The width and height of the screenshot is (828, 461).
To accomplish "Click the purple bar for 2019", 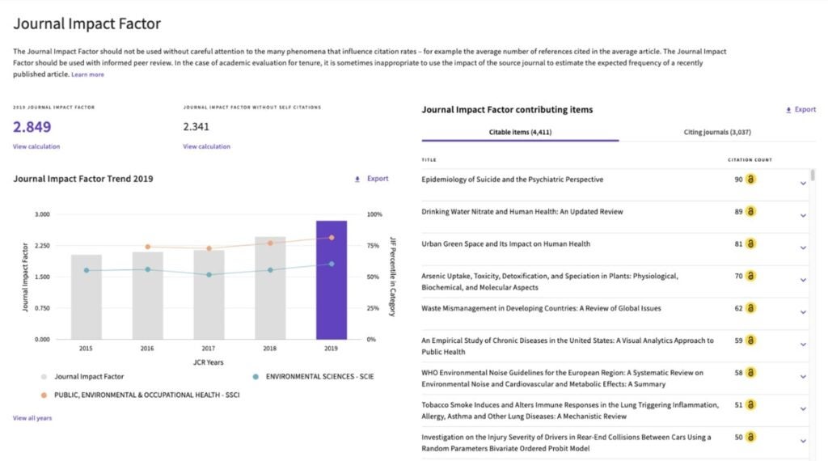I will coord(332,280).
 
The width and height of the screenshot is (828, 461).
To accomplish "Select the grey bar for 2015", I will coord(86,297).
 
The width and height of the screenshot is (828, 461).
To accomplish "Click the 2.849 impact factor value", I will coord(32,126).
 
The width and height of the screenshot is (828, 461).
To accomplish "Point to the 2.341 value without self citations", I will coord(196,126).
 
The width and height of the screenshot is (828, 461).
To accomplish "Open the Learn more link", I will coord(87,74).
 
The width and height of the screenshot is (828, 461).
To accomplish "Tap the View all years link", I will coord(32,418).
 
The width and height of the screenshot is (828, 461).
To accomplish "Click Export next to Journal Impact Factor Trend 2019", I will coord(372,179).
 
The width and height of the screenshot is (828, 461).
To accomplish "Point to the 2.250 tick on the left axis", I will coord(40,246).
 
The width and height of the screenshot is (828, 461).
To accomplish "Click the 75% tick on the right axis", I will coord(374,246).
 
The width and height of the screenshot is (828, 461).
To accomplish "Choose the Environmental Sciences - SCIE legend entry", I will coord(319,376).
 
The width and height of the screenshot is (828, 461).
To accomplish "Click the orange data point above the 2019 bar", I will coord(332,238).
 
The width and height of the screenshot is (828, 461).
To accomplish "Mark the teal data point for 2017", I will coord(209,275).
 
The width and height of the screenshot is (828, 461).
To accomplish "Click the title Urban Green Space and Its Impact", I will coord(505,244).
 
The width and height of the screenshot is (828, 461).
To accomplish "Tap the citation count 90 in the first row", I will coord(738,180).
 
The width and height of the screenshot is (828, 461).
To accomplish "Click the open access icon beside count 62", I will coord(750,308).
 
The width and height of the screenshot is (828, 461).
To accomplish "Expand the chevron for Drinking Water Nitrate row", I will coord(803,215).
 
